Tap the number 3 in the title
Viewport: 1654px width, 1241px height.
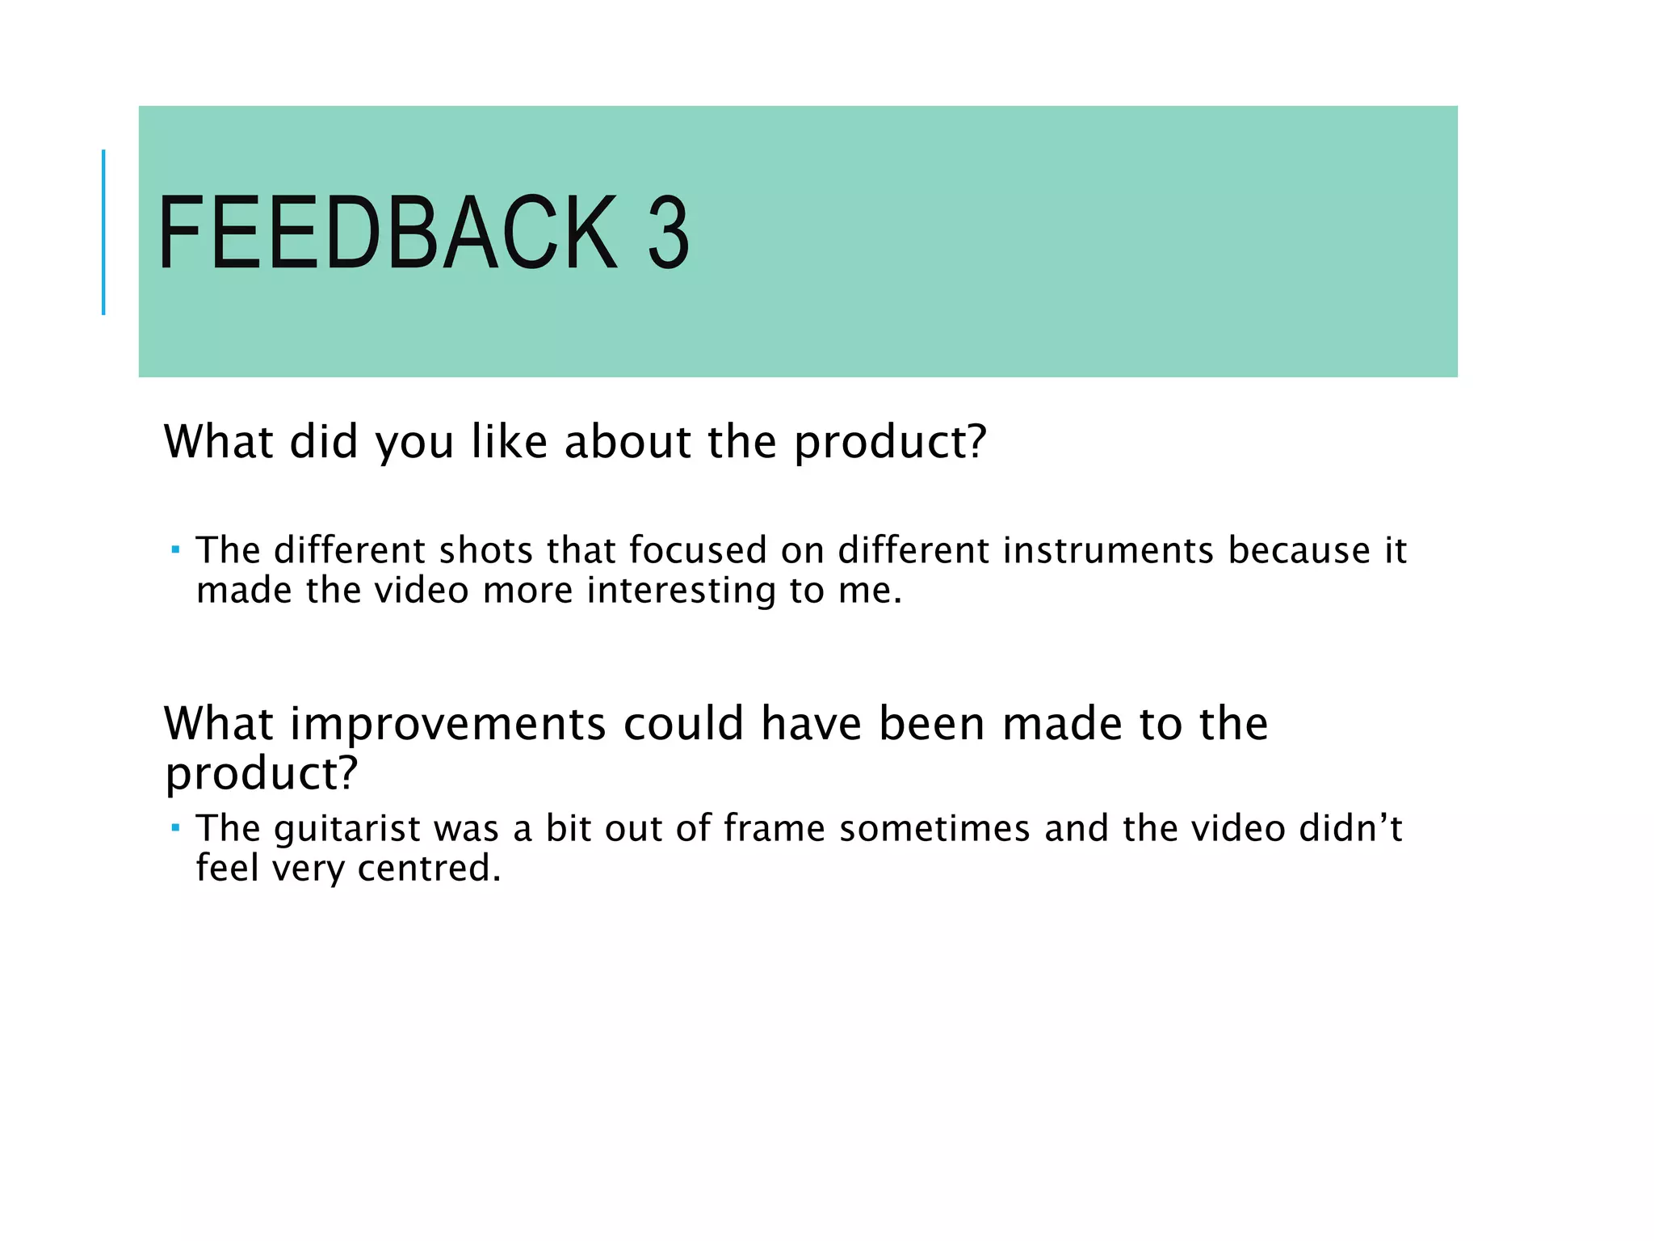668,233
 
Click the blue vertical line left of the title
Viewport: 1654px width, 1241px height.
103,232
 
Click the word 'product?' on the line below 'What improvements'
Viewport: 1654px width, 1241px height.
261,773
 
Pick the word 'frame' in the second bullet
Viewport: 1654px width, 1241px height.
775,829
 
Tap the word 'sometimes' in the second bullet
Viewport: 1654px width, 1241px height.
934,829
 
